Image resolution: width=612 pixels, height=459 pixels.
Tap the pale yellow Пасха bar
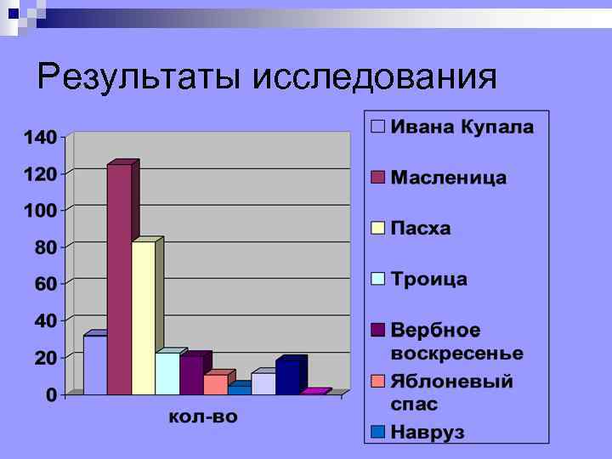coord(144,318)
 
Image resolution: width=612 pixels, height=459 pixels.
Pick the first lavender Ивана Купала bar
coord(94,365)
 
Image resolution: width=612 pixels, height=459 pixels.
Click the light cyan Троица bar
coord(167,373)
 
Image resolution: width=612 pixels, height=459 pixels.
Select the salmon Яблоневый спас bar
coord(215,383)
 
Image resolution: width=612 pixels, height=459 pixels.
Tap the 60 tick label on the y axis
coord(45,284)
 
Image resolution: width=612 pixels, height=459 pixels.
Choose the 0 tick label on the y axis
coord(51,395)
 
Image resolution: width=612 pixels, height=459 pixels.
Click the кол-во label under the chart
coord(204,416)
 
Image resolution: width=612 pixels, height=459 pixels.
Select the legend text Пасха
coord(421,229)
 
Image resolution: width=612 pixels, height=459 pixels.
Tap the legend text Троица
coord(429,280)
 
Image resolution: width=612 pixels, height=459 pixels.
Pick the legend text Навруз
coord(428,432)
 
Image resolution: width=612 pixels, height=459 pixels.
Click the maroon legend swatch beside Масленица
coord(378,178)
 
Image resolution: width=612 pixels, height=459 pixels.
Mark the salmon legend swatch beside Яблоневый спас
coord(378,381)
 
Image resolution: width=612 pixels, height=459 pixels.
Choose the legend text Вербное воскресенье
coord(457,341)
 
